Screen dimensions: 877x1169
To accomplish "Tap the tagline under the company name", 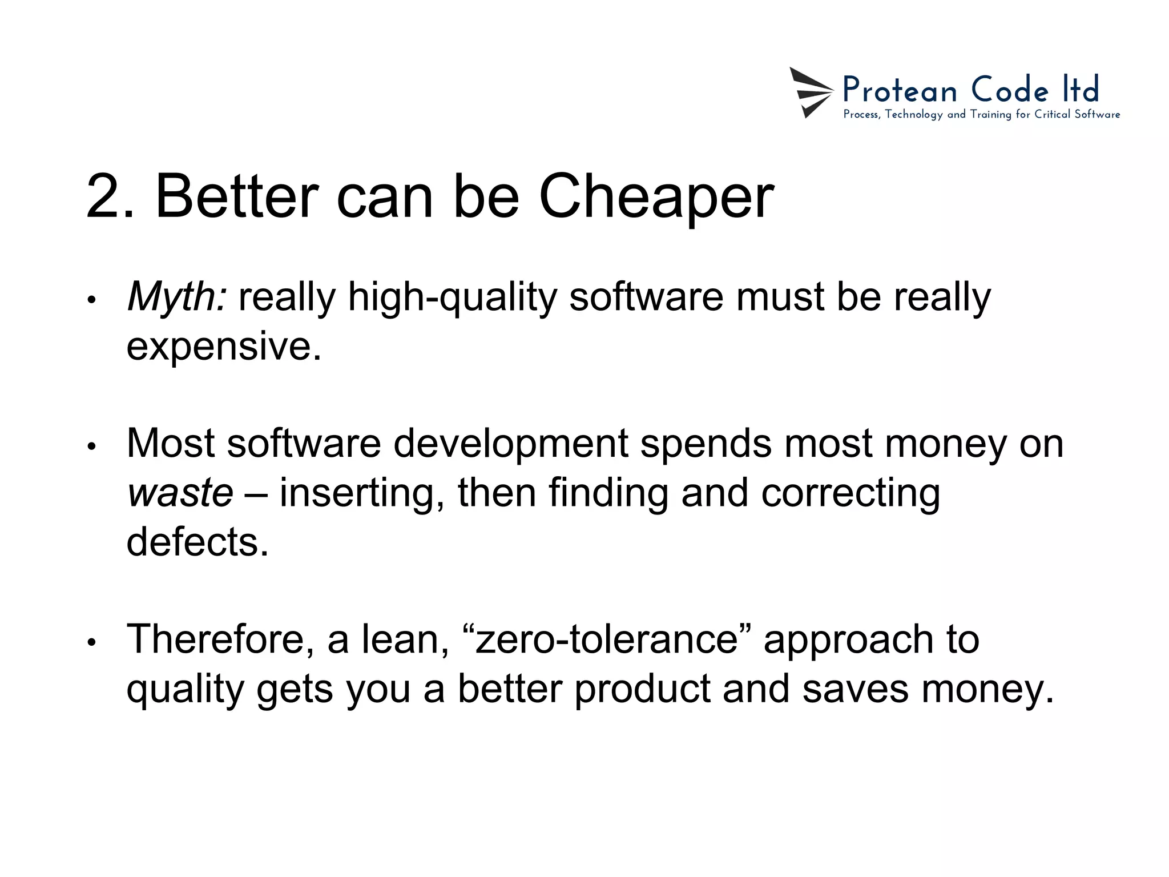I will [x=981, y=115].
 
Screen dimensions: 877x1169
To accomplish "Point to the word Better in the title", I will [x=236, y=197].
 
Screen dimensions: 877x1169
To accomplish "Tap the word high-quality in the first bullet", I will [x=452, y=297].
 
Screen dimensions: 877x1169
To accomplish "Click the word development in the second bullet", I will [x=510, y=444].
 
